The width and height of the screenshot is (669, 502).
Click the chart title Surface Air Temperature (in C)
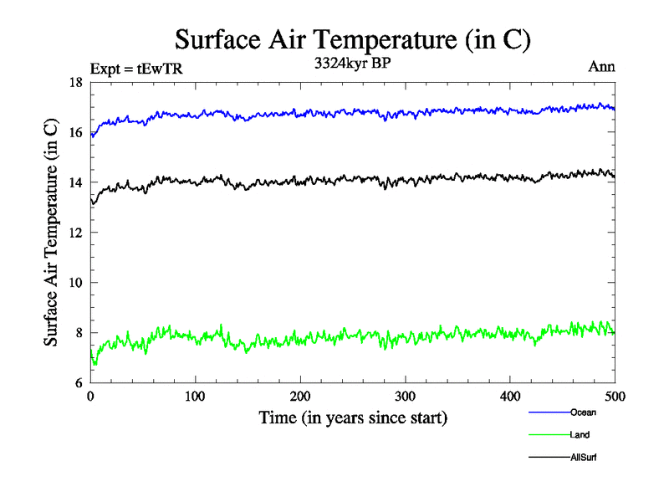[x=352, y=39]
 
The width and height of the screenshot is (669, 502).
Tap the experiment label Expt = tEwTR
[x=135, y=68]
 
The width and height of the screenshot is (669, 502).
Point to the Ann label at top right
[x=602, y=67]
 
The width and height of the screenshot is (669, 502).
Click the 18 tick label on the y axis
[x=75, y=82]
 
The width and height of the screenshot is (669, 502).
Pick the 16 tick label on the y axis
[x=75, y=132]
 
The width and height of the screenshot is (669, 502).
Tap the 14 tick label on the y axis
[x=75, y=182]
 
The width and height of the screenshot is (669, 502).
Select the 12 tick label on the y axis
[x=75, y=233]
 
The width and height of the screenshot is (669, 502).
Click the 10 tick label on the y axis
[x=75, y=283]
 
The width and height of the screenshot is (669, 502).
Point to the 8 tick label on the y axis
[x=79, y=333]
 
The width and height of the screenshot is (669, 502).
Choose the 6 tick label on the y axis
[x=79, y=383]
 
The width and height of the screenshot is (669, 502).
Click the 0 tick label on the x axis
[x=90, y=396]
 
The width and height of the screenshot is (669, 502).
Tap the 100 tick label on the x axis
[x=195, y=396]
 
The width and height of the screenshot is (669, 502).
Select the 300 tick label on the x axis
[x=405, y=396]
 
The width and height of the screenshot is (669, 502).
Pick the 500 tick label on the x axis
[x=615, y=396]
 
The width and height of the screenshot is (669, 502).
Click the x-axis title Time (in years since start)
[x=352, y=417]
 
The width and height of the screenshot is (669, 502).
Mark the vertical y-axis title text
[x=52, y=233]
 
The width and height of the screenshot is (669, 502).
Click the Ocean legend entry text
[x=583, y=412]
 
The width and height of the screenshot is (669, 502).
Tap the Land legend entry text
[x=580, y=435]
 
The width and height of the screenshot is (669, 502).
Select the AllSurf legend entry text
[x=584, y=458]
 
